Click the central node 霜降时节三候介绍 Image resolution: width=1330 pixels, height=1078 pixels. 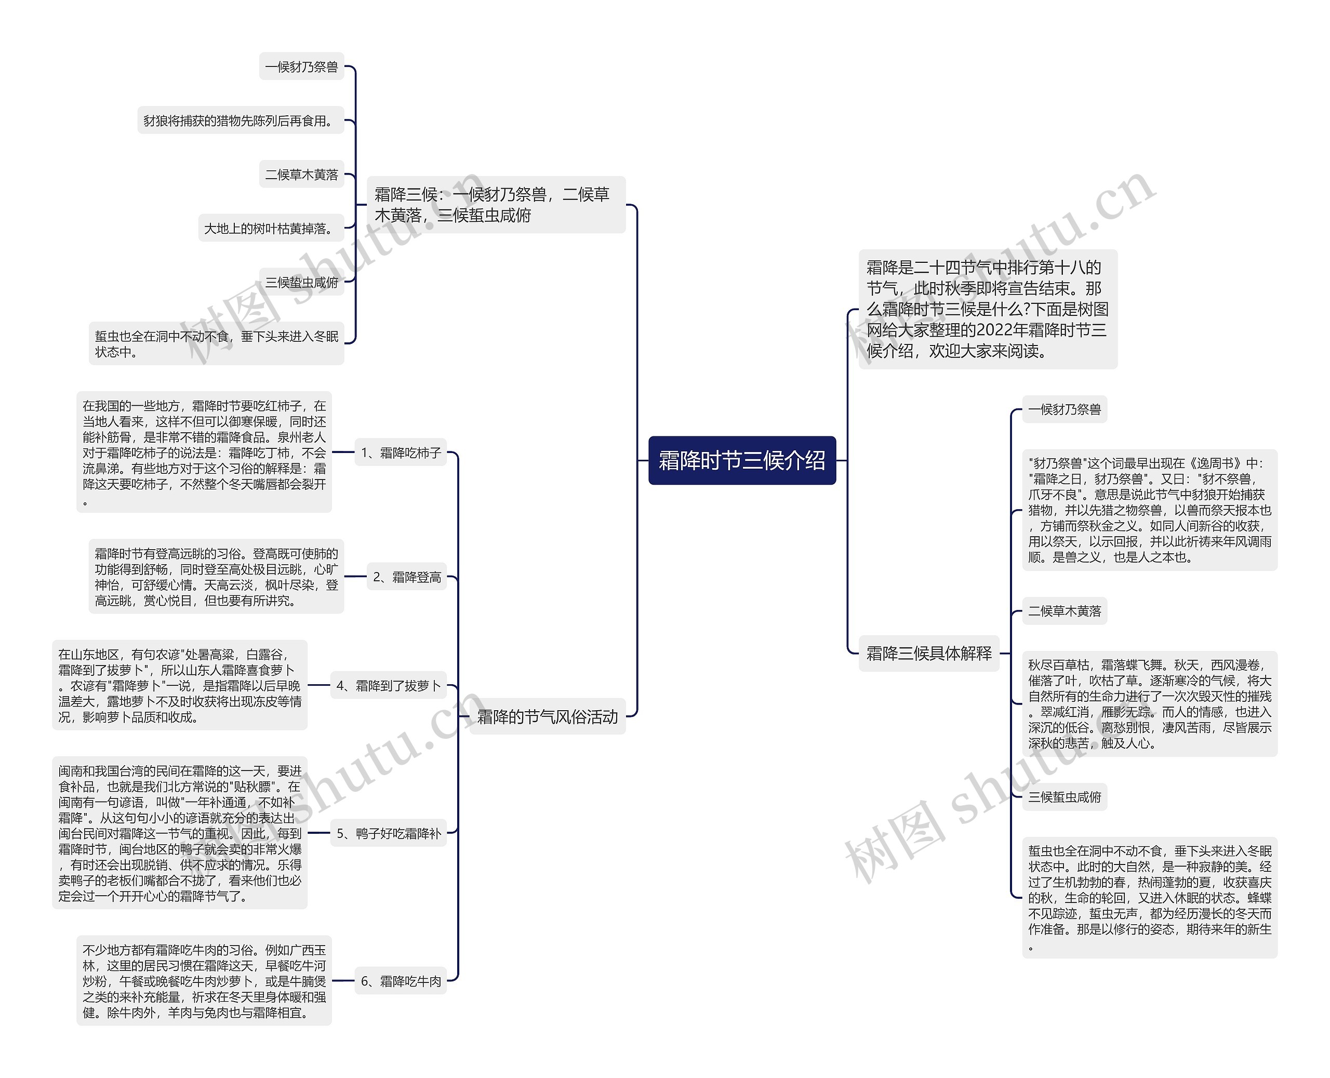(741, 460)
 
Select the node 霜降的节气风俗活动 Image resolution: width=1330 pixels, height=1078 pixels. (547, 716)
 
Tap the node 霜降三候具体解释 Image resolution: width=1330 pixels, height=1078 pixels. (928, 653)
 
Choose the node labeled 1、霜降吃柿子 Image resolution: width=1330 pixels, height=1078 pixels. (401, 453)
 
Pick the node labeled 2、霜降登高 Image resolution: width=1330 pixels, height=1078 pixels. (407, 577)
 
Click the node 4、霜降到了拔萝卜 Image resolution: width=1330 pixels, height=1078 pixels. (388, 686)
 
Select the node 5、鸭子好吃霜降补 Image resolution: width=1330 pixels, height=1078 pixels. (388, 833)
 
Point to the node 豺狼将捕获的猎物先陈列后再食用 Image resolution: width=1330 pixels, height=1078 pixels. (241, 121)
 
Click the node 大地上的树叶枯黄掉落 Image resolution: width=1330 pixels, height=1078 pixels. (270, 229)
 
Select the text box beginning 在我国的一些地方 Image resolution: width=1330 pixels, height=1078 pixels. (204, 452)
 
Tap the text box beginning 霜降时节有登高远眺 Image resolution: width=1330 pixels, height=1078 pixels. (216, 577)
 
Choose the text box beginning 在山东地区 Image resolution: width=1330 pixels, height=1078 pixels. (179, 686)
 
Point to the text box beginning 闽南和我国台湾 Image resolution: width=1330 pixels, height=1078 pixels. (179, 833)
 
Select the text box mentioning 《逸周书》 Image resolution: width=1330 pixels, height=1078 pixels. (1149, 510)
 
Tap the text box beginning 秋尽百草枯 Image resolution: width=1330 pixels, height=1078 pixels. (1149, 703)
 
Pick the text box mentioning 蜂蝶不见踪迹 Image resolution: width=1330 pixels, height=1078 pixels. (1149, 897)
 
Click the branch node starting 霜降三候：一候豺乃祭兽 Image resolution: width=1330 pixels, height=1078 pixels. (496, 205)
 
